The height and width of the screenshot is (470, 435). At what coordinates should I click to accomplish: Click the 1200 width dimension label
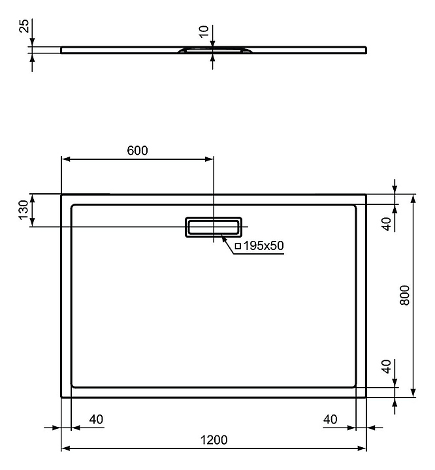pos(213,440)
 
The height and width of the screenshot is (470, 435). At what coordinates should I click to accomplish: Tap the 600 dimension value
pos(137,151)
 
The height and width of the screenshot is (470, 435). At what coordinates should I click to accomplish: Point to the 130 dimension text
pos(24,210)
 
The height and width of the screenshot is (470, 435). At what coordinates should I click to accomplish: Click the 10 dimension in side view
pos(205,31)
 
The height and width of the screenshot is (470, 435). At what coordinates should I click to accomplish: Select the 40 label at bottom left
pos(95,418)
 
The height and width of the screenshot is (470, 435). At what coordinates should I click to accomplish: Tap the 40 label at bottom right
pos(330,418)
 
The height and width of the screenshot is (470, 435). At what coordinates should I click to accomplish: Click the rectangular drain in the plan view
pos(214,226)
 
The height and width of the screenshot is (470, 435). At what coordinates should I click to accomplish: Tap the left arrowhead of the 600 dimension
pos(65,158)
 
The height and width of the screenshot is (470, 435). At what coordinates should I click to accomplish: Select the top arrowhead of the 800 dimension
pos(413,198)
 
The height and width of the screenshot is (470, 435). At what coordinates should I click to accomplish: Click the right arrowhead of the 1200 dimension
pos(361,449)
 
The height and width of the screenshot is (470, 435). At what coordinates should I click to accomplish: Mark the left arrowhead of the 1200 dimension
pos(65,449)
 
